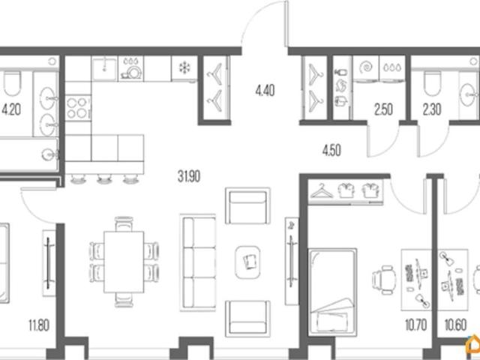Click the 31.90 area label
point(189,177)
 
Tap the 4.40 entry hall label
point(265,91)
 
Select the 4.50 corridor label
point(331,150)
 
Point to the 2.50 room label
point(383,109)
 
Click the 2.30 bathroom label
point(432,109)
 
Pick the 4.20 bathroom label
point(11,109)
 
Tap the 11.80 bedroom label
point(39,325)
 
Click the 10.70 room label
point(415,325)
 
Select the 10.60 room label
point(455,325)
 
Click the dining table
point(124,262)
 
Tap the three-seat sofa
point(198,262)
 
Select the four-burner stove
point(78,108)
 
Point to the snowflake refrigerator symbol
point(184,67)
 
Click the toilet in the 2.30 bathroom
point(432,83)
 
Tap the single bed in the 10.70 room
point(332,292)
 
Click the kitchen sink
point(104,68)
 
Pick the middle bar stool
point(104,179)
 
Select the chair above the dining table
point(124,223)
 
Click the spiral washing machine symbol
point(366,67)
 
